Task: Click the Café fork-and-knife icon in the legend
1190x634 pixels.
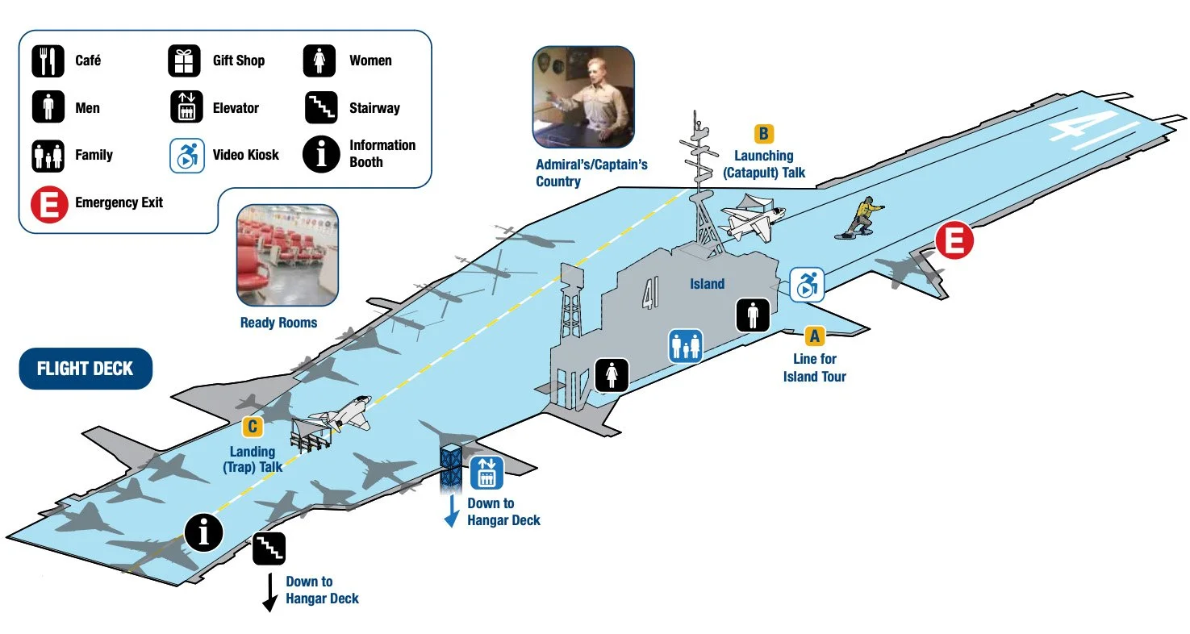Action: click(48, 61)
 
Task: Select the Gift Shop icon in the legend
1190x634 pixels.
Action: click(184, 61)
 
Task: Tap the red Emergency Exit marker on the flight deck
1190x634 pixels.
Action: click(954, 242)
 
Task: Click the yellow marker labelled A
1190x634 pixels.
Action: click(814, 336)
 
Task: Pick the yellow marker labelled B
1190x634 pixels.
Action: click(763, 134)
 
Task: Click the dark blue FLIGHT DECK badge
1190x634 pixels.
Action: click(85, 369)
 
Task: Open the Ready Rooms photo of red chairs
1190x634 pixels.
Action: click(286, 256)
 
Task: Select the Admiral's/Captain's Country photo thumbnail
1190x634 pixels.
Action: click(582, 97)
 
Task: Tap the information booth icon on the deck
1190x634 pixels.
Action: click(203, 532)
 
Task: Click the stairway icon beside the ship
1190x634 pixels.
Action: click(269, 548)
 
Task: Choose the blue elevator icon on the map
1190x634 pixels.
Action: click(486, 473)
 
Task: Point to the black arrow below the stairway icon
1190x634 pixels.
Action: click(269, 593)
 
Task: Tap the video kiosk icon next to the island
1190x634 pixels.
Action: click(806, 285)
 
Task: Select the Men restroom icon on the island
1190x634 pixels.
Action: click(753, 314)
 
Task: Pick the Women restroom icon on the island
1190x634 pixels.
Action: click(612, 375)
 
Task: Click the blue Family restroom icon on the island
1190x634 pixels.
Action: click(685, 344)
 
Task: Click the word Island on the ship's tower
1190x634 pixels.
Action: click(707, 284)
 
